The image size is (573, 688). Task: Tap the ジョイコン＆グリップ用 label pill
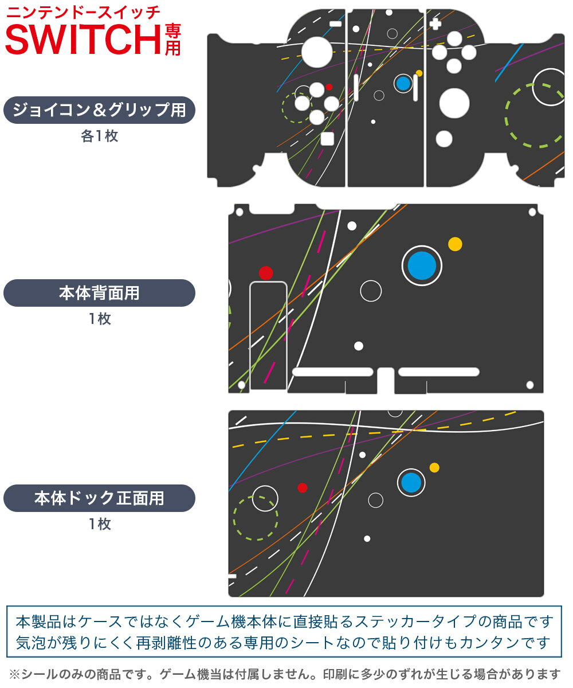pos(99,110)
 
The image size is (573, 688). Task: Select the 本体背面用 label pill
pos(99,293)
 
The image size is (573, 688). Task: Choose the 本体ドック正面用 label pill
pos(99,498)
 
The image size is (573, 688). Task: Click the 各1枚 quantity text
pos(100,136)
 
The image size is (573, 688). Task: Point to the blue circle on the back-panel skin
pos(422,265)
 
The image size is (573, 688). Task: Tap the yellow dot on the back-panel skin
pos(455,244)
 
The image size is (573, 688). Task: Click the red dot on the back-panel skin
pos(266,273)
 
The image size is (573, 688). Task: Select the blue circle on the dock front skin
pos(411,482)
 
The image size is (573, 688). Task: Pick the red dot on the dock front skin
pos(303,488)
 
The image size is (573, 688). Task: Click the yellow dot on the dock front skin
pos(434,468)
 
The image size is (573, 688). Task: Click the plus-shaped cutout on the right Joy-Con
pos(435,24)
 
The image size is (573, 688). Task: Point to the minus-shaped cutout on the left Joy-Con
pos(336,24)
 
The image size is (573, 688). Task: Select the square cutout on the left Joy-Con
pos(327,139)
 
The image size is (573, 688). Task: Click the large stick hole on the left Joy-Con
pos(317,52)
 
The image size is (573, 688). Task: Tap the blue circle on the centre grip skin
pos(403,83)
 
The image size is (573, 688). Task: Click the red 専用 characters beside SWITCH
pos(173,40)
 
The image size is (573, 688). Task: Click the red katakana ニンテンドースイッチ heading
pos(83,13)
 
